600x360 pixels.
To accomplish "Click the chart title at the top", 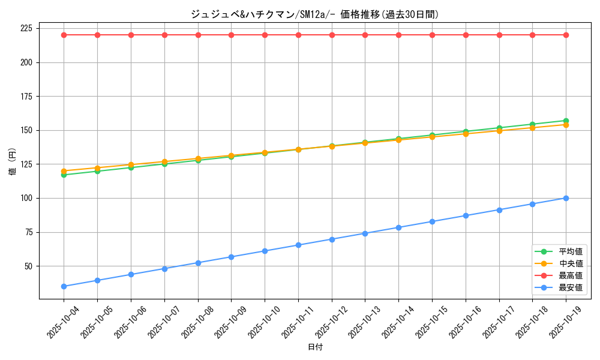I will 314,14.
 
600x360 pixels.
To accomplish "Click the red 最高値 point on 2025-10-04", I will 64,35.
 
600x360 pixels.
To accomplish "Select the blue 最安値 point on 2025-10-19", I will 566,198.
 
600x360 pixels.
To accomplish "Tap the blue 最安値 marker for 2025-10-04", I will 64,286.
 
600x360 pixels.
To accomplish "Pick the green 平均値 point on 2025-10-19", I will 566,121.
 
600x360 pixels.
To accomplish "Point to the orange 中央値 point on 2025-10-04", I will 64,171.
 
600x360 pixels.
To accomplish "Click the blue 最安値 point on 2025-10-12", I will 332,239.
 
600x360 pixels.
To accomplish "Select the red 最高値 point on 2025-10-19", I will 566,35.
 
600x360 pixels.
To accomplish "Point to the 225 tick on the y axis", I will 26,28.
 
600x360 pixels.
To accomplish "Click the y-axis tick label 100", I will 26,198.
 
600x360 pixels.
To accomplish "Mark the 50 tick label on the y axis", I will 28,266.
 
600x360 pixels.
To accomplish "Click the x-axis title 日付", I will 314,347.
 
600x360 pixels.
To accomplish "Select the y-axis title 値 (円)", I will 12,163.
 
